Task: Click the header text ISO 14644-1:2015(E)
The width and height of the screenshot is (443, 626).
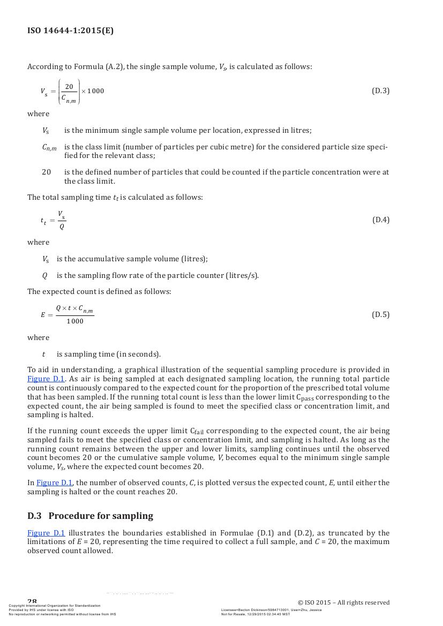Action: pos(70,31)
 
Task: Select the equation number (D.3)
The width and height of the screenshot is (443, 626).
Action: pos(380,90)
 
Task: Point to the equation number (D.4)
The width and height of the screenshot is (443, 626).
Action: pos(380,220)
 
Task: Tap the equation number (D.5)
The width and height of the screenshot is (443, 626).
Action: pos(380,314)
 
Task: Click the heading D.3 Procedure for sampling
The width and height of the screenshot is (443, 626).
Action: pos(90,516)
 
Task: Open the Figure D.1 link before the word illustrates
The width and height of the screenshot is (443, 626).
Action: pos(46,533)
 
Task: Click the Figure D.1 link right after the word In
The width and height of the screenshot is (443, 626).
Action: pos(55,482)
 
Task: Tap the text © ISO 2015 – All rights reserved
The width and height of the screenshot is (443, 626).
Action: pos(343,602)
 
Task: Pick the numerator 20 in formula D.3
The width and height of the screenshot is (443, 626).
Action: pos(69,87)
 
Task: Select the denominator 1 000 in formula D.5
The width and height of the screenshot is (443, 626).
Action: pos(75,321)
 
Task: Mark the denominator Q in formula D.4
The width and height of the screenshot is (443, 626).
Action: pos(62,227)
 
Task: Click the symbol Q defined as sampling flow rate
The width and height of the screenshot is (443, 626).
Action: pos(44,275)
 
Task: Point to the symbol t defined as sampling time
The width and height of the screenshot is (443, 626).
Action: pos(43,354)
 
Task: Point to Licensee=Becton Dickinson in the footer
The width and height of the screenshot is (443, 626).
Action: pos(249,610)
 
